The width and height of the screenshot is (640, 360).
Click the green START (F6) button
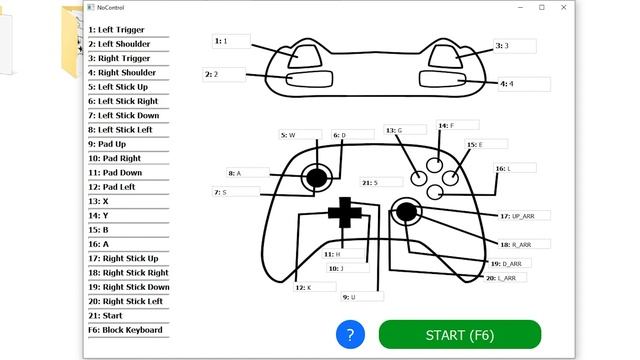tap(460, 334)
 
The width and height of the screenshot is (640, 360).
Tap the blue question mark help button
tap(349, 335)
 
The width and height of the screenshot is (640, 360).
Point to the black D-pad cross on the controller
tap(344, 212)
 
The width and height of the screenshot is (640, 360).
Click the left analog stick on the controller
tap(317, 178)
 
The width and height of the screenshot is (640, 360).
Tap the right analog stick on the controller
tap(405, 211)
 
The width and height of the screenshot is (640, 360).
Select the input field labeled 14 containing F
tap(462, 126)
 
